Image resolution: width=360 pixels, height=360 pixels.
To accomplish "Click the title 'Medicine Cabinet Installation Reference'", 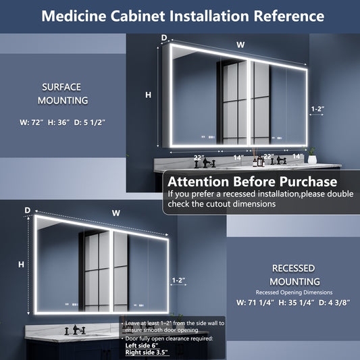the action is coord(183,16).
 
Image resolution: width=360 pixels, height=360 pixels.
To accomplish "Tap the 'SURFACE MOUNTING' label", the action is coord(63,94).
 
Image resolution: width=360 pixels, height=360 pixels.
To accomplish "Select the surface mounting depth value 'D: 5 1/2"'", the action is coord(90,122).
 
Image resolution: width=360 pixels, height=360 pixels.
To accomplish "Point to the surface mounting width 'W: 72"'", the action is coord(32,122).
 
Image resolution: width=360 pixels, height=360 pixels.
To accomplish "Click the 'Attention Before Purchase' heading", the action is coord(253,182).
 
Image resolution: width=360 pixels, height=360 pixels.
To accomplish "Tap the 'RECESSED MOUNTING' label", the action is coord(294,275).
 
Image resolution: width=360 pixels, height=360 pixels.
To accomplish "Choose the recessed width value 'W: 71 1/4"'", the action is coord(255,303).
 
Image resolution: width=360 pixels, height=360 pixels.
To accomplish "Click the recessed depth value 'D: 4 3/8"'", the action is coord(334,303).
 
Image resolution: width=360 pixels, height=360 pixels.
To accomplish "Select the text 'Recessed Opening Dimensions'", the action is coord(294,292).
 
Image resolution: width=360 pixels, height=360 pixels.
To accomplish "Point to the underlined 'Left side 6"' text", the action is coord(142,346).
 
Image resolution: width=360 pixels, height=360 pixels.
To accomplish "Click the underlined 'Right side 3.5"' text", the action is coord(147,353).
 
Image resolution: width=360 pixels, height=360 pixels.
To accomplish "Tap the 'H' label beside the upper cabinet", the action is coord(149,95).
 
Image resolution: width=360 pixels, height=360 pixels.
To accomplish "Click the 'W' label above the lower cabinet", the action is coord(116,213).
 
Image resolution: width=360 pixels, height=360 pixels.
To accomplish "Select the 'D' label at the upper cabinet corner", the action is coord(164,38).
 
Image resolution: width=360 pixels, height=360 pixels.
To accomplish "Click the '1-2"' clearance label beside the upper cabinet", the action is coord(317,109).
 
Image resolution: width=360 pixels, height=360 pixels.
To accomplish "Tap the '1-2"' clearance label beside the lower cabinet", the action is coord(178,280).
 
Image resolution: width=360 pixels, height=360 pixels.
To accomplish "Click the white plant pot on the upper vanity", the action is coord(312,159).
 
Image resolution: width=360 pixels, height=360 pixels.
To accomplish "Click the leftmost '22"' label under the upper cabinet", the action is coord(199,158).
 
